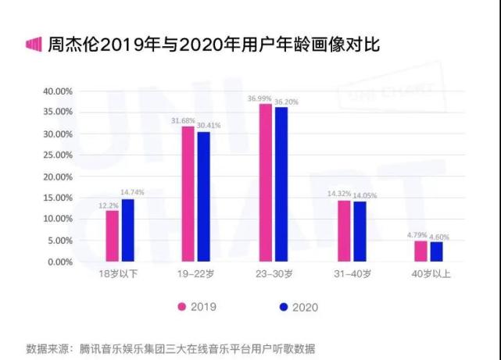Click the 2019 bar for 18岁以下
tap(113, 237)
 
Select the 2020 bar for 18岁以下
tap(128, 230)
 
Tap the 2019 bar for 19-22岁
tap(188, 194)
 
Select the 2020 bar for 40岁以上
tap(437, 252)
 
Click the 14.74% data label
tap(131, 192)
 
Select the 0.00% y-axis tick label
tap(59, 262)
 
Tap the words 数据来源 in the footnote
tap(47, 347)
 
